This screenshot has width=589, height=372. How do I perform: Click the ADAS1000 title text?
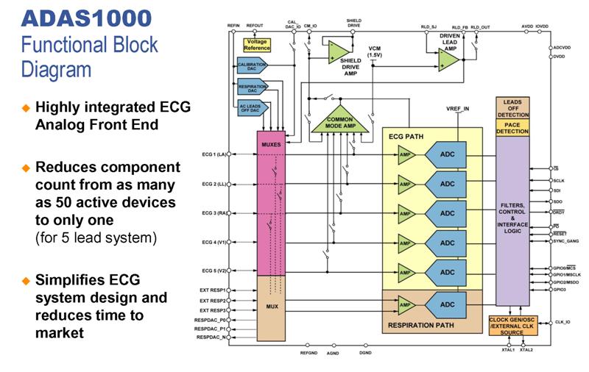pyautogui.click(x=86, y=18)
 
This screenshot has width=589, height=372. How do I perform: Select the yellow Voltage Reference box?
pyautogui.click(x=257, y=46)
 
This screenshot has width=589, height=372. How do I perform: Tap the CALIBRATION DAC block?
pyautogui.click(x=253, y=65)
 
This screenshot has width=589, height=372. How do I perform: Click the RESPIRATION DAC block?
pyautogui.click(x=253, y=87)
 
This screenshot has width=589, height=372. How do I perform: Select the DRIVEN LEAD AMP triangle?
pyautogui.click(x=448, y=60)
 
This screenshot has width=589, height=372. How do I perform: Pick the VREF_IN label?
pyautogui.click(x=458, y=108)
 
